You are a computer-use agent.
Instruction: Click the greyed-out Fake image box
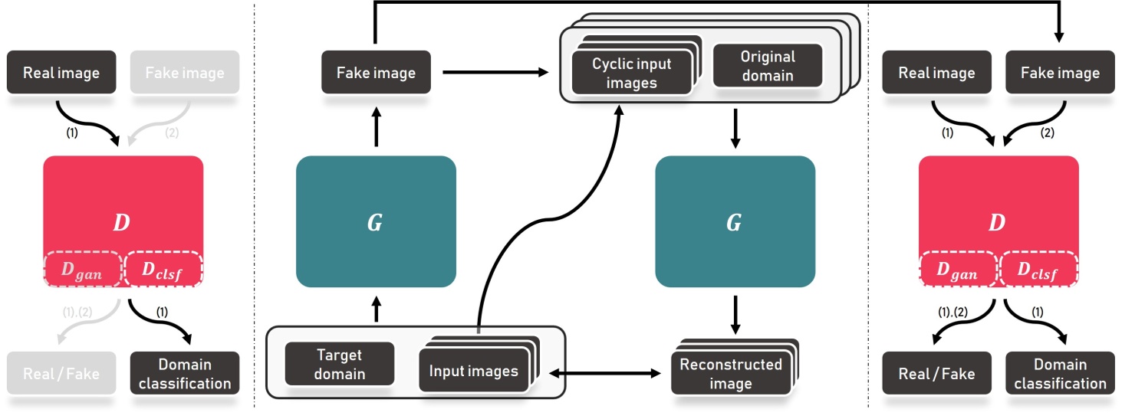[185, 73]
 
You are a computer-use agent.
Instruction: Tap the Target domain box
[339, 364]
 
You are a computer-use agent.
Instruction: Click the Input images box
[473, 372]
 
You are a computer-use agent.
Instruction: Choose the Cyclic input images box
[631, 74]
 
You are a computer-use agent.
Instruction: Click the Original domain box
[767, 66]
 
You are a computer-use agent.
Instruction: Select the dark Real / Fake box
[936, 374]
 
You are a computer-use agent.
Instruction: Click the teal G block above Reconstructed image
[734, 222]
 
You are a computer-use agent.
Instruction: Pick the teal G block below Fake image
[376, 222]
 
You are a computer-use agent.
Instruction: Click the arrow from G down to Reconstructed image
[735, 313]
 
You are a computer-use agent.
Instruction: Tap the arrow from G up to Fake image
[376, 126]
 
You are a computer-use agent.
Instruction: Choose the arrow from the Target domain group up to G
[376, 309]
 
